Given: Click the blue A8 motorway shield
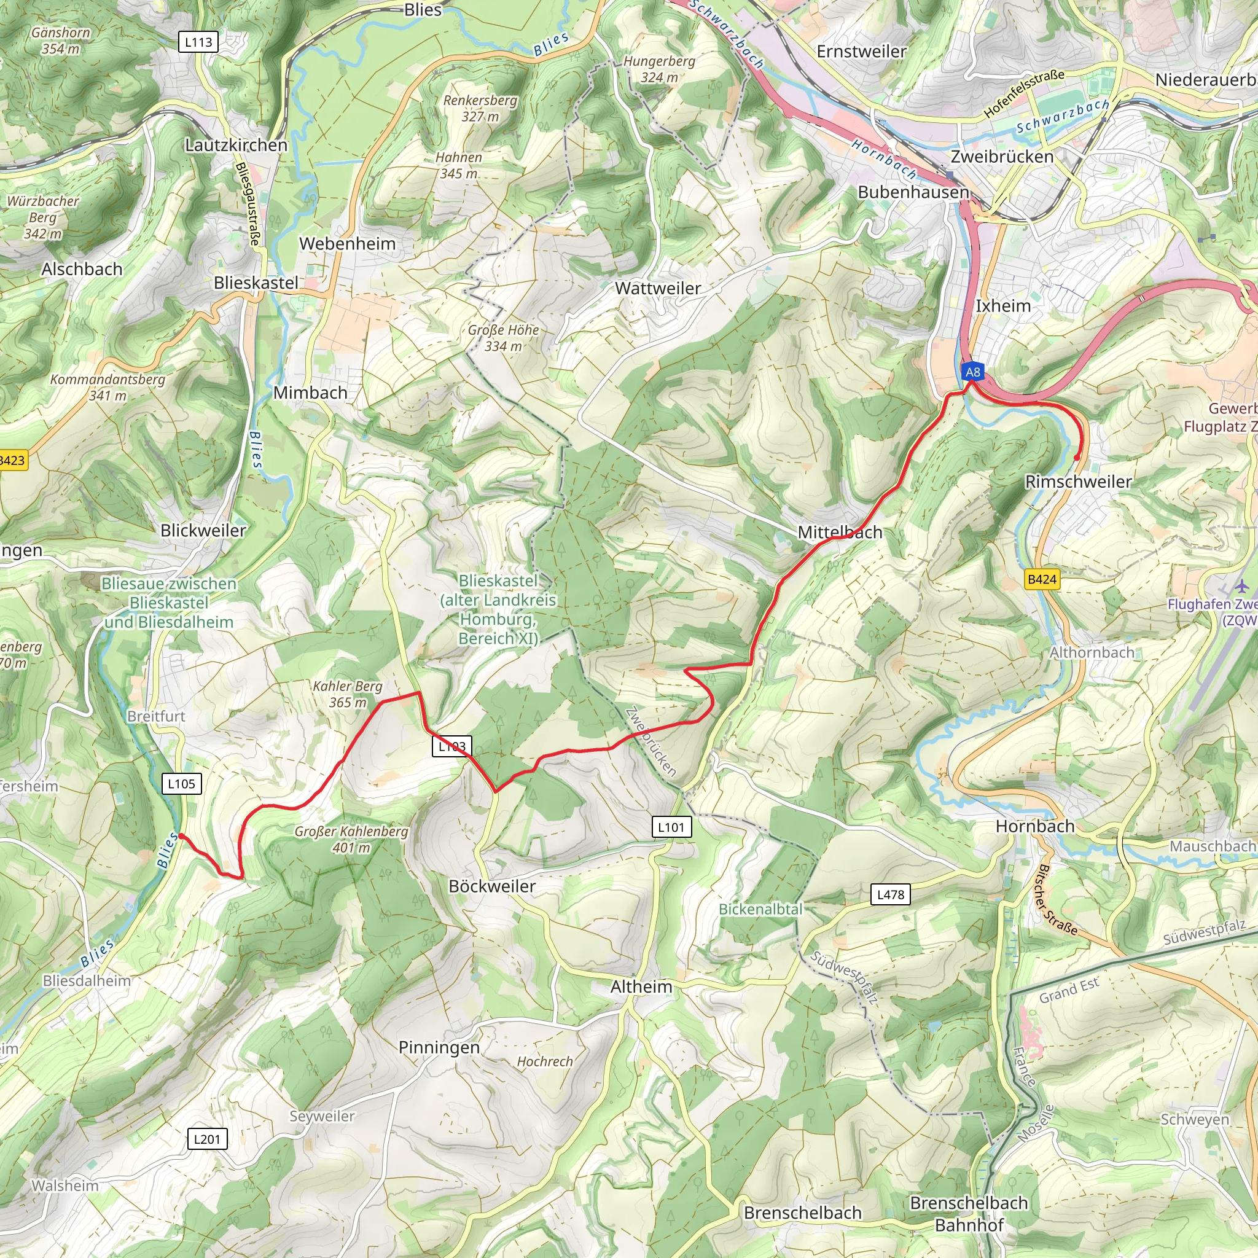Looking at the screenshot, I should point(972,372).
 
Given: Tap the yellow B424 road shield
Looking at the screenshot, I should point(1042,579).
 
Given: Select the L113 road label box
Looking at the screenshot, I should point(198,42).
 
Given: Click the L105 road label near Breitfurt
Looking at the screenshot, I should point(181,783).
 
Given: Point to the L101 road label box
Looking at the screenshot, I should point(671,827).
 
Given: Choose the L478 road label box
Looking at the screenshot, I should point(890,894).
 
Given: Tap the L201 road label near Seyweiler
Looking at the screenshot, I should point(207,1139).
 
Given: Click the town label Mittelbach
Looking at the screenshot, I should point(840,532).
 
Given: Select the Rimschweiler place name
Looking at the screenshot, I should point(1078,482).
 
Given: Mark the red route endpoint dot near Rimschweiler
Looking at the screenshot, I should point(1076,458).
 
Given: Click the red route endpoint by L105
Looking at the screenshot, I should point(181,835).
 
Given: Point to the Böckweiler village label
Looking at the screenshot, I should point(491,886).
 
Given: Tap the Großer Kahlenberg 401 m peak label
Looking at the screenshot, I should point(351,839).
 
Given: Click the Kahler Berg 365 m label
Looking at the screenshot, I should point(347,694).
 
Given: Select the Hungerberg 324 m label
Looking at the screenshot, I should point(659,69).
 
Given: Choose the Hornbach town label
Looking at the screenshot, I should point(1034,826).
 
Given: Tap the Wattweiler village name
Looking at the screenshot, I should point(658,288).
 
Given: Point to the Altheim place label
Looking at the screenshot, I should point(641,986).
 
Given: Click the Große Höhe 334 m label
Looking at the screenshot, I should point(502,338).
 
